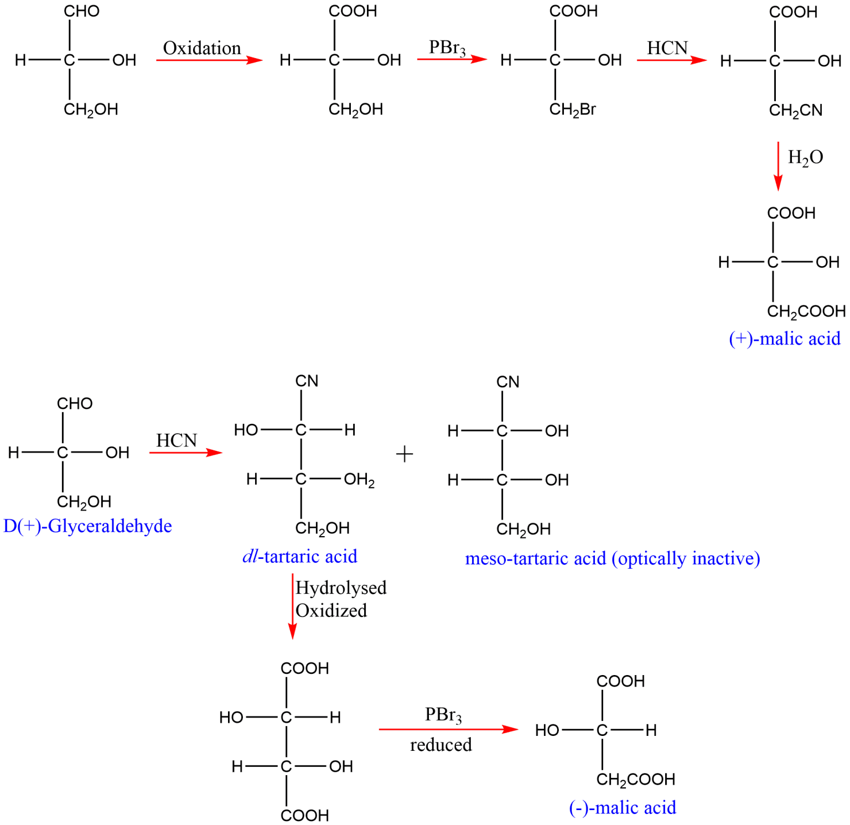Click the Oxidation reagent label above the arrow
click(201, 48)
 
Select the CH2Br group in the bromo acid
click(572, 110)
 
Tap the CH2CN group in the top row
click(795, 111)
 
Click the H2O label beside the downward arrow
click(805, 158)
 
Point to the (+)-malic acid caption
click(785, 338)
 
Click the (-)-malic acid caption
click(622, 807)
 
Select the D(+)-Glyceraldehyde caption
click(87, 525)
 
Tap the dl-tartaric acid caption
click(299, 556)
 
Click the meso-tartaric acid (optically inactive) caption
click(613, 558)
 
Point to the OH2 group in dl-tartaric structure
click(359, 479)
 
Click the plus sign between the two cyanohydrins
click(405, 454)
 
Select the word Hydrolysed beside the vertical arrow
click(341, 587)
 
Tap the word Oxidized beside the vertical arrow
click(331, 610)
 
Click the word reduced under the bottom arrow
click(440, 745)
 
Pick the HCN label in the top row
click(667, 48)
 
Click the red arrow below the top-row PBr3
click(452, 59)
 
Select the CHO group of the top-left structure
click(81, 12)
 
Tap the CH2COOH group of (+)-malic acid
click(806, 312)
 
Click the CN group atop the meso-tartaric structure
click(507, 382)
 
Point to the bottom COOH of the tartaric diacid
click(304, 815)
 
